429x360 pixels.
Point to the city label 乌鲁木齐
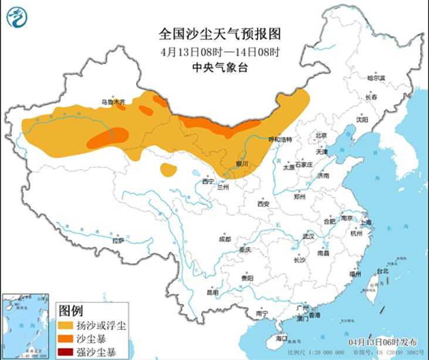coord(113,102)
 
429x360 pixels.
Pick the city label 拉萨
coord(118,240)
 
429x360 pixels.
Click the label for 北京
coord(320,136)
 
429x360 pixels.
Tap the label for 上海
coord(366,223)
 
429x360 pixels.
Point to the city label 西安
coord(262,204)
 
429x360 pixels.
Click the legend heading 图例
coord(71,310)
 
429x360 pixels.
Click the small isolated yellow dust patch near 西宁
coord(168,170)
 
